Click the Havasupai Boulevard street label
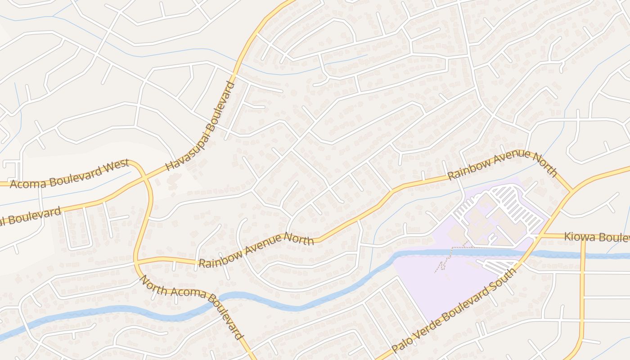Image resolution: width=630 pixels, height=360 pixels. [200, 126]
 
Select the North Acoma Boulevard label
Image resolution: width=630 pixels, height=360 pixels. [191, 307]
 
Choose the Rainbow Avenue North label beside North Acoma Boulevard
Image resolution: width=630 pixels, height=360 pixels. [256, 250]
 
